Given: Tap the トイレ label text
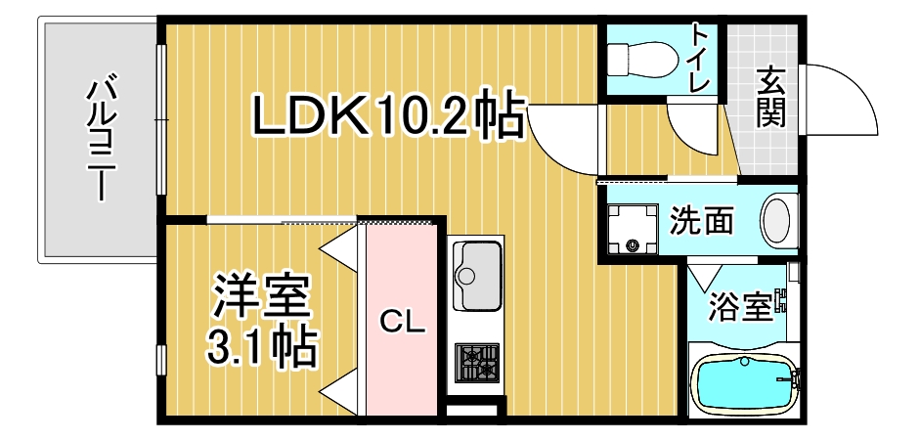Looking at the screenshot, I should point(700,58).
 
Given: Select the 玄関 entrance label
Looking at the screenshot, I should point(769,96).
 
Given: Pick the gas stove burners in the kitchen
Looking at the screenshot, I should point(477,364).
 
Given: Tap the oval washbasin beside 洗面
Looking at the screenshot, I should point(778,221).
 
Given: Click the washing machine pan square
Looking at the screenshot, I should point(634,227).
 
